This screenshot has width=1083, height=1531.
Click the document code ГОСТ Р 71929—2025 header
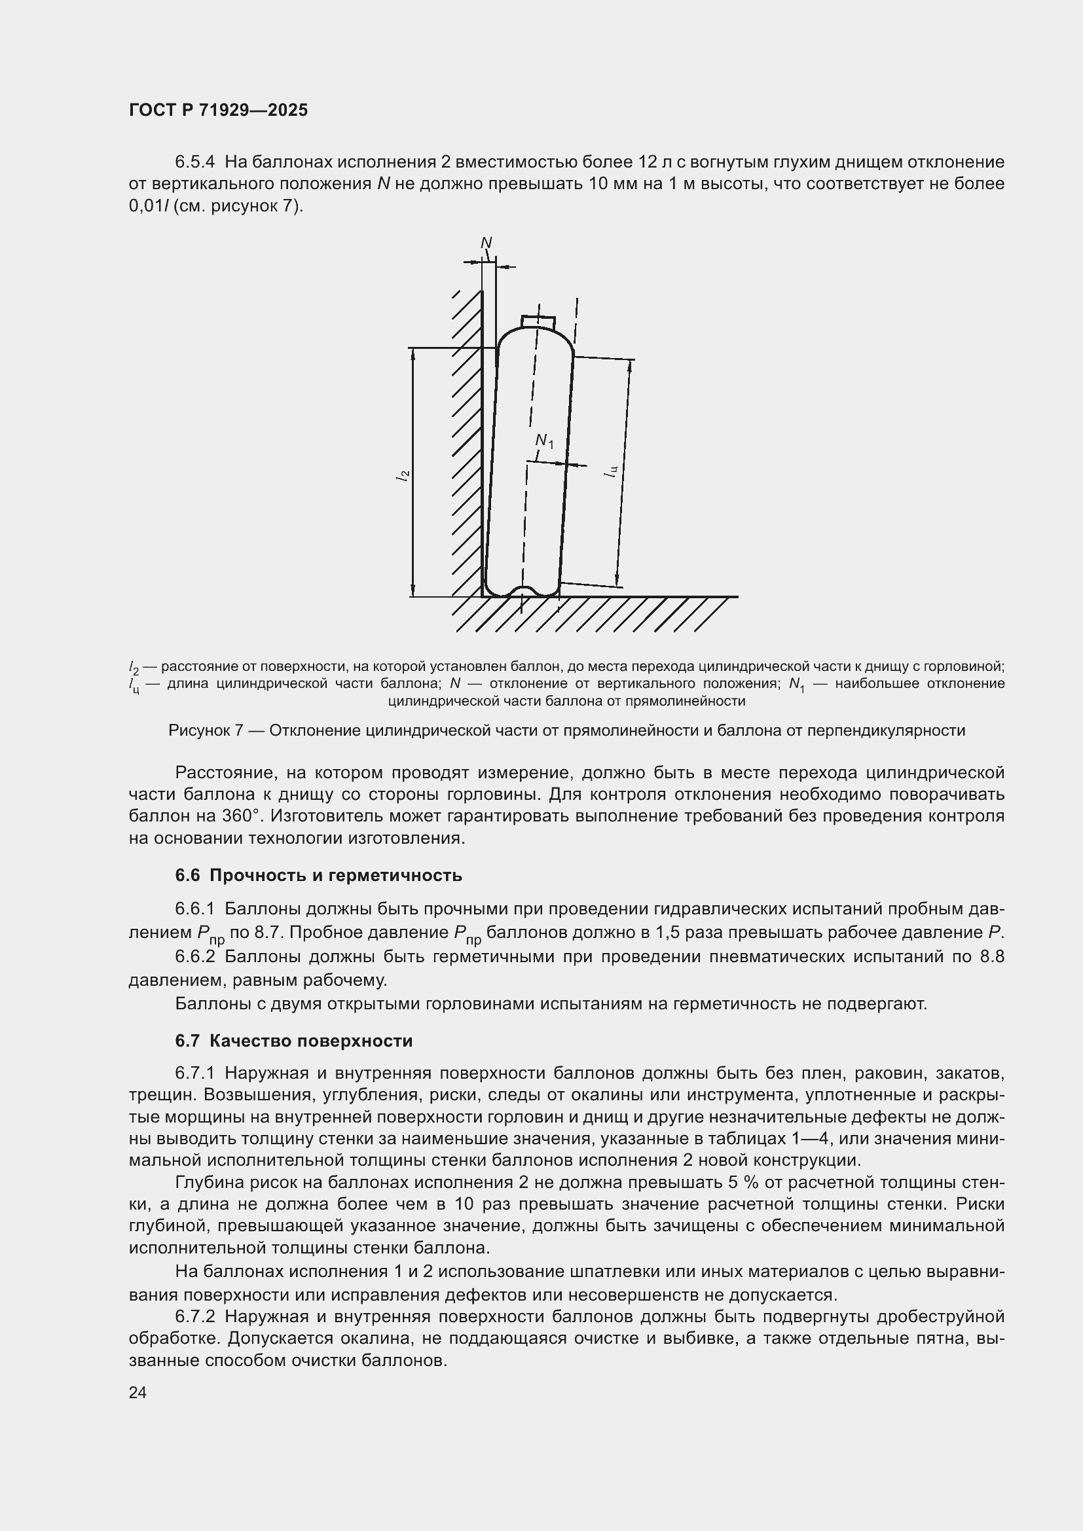(x=218, y=110)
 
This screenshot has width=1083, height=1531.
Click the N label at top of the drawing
(x=486, y=243)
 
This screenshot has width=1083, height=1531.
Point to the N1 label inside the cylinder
(x=544, y=441)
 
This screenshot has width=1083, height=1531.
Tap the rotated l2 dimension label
(x=402, y=475)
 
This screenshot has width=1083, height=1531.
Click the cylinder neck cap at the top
(x=538, y=321)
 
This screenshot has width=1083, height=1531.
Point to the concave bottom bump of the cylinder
(x=522, y=590)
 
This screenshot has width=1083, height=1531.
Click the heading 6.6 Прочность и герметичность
(x=318, y=876)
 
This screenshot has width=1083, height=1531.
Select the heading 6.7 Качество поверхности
(x=293, y=1041)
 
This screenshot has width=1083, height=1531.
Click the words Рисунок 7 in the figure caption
(x=205, y=731)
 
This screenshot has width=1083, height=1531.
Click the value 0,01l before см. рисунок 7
(x=149, y=206)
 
